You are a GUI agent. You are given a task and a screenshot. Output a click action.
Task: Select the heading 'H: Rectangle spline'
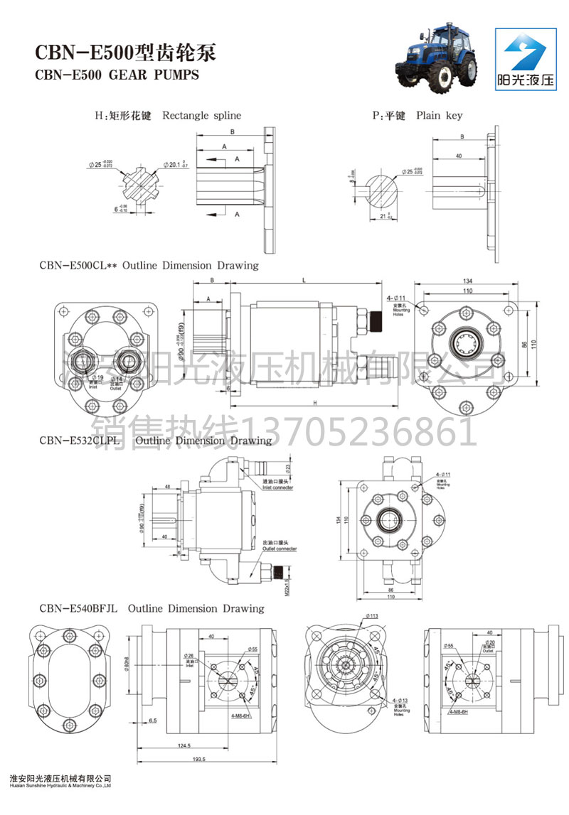click(x=168, y=115)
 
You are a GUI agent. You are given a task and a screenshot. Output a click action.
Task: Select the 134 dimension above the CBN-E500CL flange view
click(x=467, y=280)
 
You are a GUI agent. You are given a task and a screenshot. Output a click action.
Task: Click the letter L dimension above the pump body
click(x=304, y=281)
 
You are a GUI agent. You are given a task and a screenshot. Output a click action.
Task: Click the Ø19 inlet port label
click(x=97, y=377)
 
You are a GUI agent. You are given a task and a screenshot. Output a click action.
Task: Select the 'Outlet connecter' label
click(x=280, y=549)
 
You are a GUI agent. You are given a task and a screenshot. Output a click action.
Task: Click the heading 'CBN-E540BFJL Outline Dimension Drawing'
click(x=152, y=608)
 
